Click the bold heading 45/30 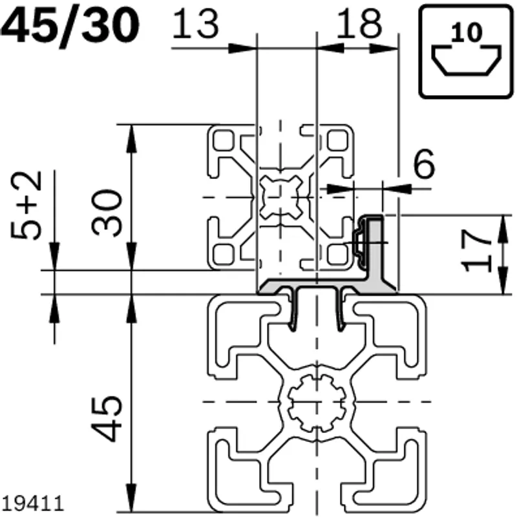tap(70, 26)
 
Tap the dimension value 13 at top tap(195, 23)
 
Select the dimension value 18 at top tap(359, 23)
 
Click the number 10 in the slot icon tap(467, 32)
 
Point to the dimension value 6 tap(424, 164)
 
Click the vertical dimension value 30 tap(106, 213)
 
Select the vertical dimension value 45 tap(106, 418)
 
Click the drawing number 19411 tap(32, 503)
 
